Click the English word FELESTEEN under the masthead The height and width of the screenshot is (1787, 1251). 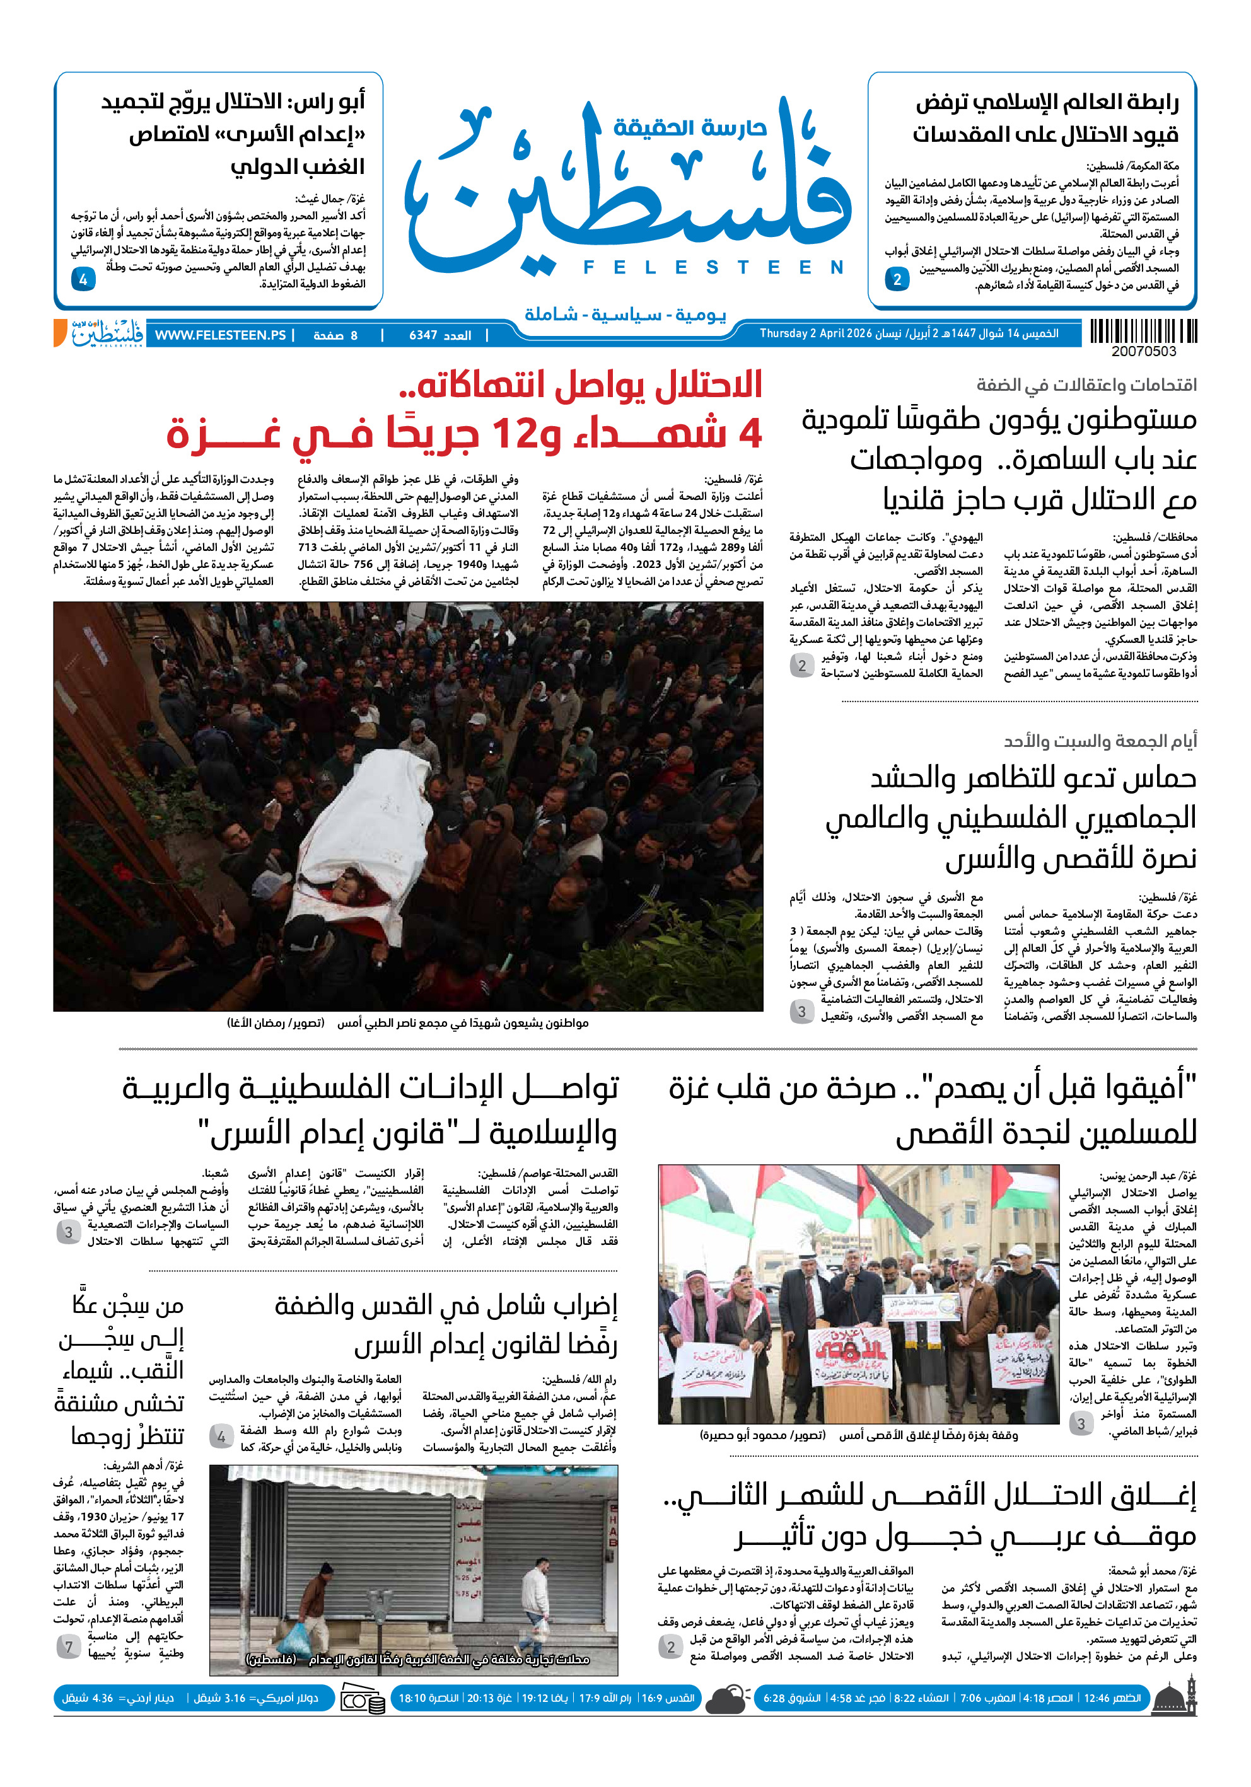click(x=713, y=268)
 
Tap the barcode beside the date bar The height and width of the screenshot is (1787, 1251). click(x=1143, y=332)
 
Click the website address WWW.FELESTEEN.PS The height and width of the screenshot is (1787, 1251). click(x=220, y=335)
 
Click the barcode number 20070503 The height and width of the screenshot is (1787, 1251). click(x=1144, y=352)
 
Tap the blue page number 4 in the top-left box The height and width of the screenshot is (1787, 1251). click(x=83, y=279)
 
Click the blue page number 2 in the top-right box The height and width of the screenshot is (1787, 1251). click(x=897, y=279)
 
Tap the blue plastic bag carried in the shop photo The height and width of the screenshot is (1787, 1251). click(x=300, y=1634)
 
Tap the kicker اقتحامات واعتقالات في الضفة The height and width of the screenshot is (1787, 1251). click(x=1086, y=385)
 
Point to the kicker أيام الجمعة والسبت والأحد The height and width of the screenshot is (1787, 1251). click(x=1099, y=741)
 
